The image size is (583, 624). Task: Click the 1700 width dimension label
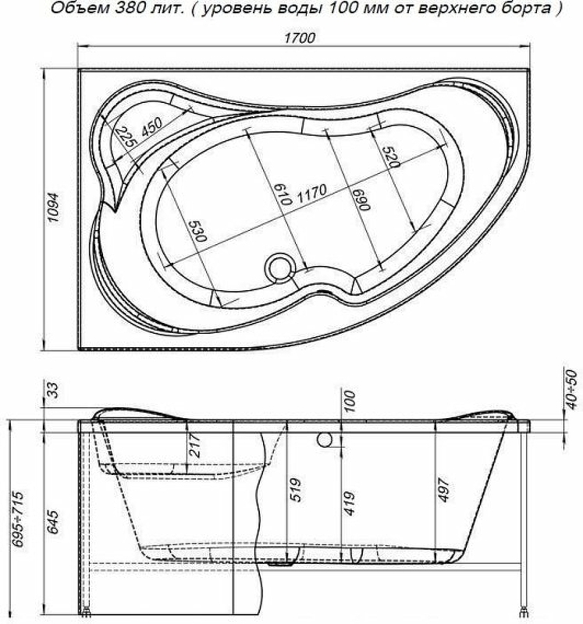click(x=300, y=37)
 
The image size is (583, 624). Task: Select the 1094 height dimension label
click(x=52, y=207)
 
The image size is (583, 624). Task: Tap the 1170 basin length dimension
click(x=312, y=193)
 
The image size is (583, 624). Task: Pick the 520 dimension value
click(x=390, y=157)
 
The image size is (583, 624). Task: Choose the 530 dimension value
click(x=198, y=231)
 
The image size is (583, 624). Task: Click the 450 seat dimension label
click(x=151, y=127)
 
